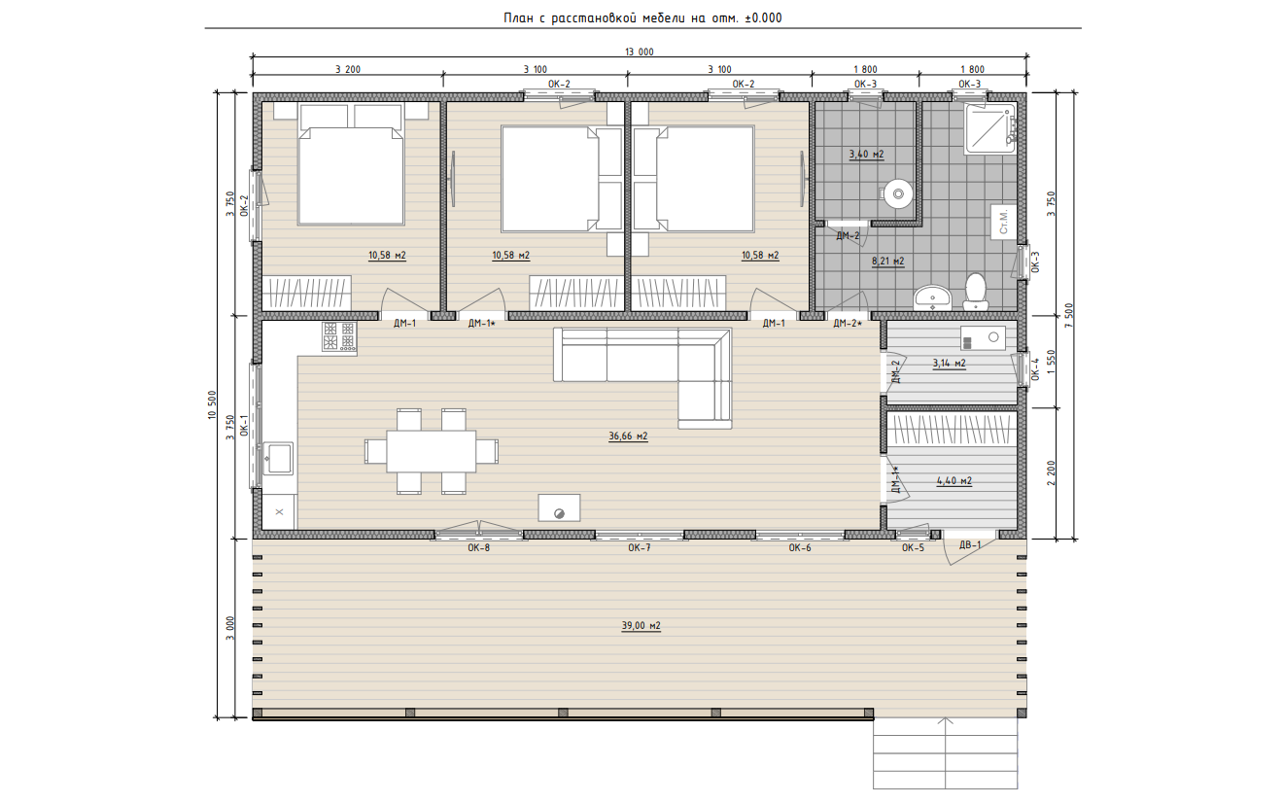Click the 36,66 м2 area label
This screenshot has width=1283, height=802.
pos(628,436)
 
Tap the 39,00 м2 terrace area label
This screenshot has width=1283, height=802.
pos(641,626)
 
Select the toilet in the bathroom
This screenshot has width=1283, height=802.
pos(975,292)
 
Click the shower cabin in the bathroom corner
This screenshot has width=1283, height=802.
pos(990,128)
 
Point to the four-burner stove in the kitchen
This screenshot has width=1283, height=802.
pos(339,335)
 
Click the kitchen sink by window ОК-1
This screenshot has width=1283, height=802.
pos(278,458)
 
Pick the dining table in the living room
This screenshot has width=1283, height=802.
pos(432,451)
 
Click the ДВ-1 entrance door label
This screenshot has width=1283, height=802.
pos(970,544)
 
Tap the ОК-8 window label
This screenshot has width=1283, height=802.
pos(478,548)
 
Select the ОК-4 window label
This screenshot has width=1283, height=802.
pos(1034,369)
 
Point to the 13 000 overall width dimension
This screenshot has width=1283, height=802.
pos(640,52)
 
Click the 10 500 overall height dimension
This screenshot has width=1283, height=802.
pos(212,405)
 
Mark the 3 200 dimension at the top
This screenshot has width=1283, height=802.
pos(348,70)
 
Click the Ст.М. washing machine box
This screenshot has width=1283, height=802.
pos(1003,222)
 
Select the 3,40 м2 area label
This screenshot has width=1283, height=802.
pos(866,155)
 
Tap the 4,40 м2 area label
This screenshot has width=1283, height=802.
pos(954,481)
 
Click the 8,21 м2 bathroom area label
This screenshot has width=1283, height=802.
pos(887,262)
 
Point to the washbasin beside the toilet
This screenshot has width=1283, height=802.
pos(932,297)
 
